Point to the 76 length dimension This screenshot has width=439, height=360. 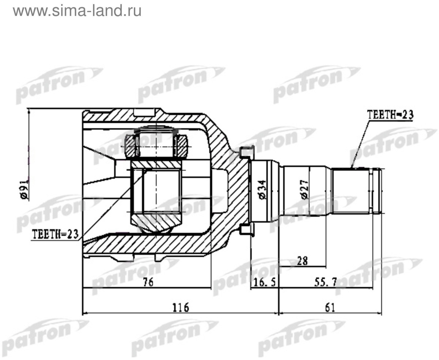pyautogui.click(x=148, y=282)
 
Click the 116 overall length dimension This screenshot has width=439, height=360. pyautogui.click(x=181, y=307)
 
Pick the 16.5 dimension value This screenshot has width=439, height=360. pyautogui.click(x=265, y=283)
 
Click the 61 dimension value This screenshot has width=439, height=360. pyautogui.click(x=330, y=307)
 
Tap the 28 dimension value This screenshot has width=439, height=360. pyautogui.click(x=302, y=261)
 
